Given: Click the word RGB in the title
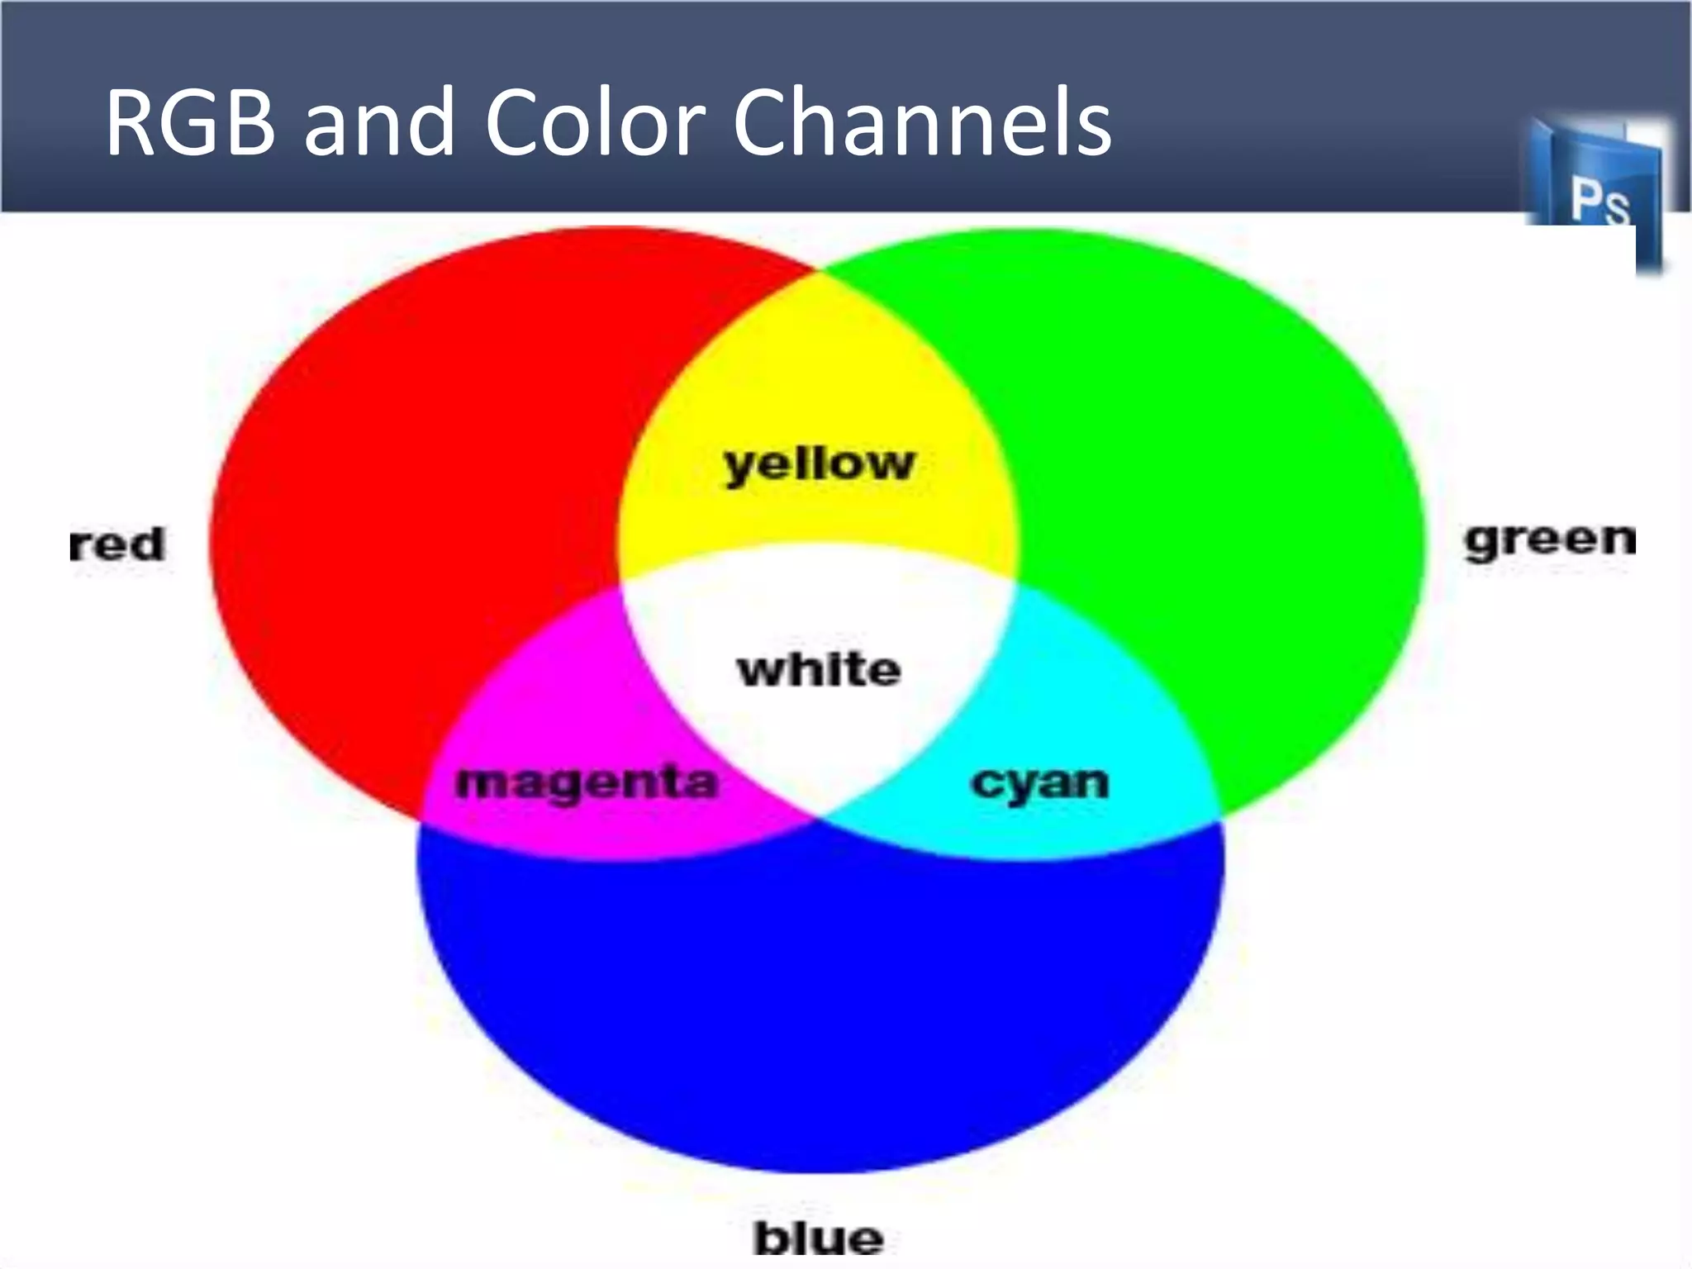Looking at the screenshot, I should [x=190, y=124].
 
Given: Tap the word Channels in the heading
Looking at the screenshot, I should [x=921, y=124].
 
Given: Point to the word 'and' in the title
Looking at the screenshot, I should [x=379, y=124].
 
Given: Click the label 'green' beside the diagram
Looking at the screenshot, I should [x=1550, y=541].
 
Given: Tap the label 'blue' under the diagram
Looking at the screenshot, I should [x=818, y=1238].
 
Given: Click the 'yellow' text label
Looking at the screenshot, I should [x=819, y=464].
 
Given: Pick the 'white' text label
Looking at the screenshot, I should [x=819, y=669].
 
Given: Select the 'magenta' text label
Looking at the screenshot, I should [x=587, y=783].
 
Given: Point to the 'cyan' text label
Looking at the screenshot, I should [x=1039, y=783].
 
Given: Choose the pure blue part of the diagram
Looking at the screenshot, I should [x=818, y=991].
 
